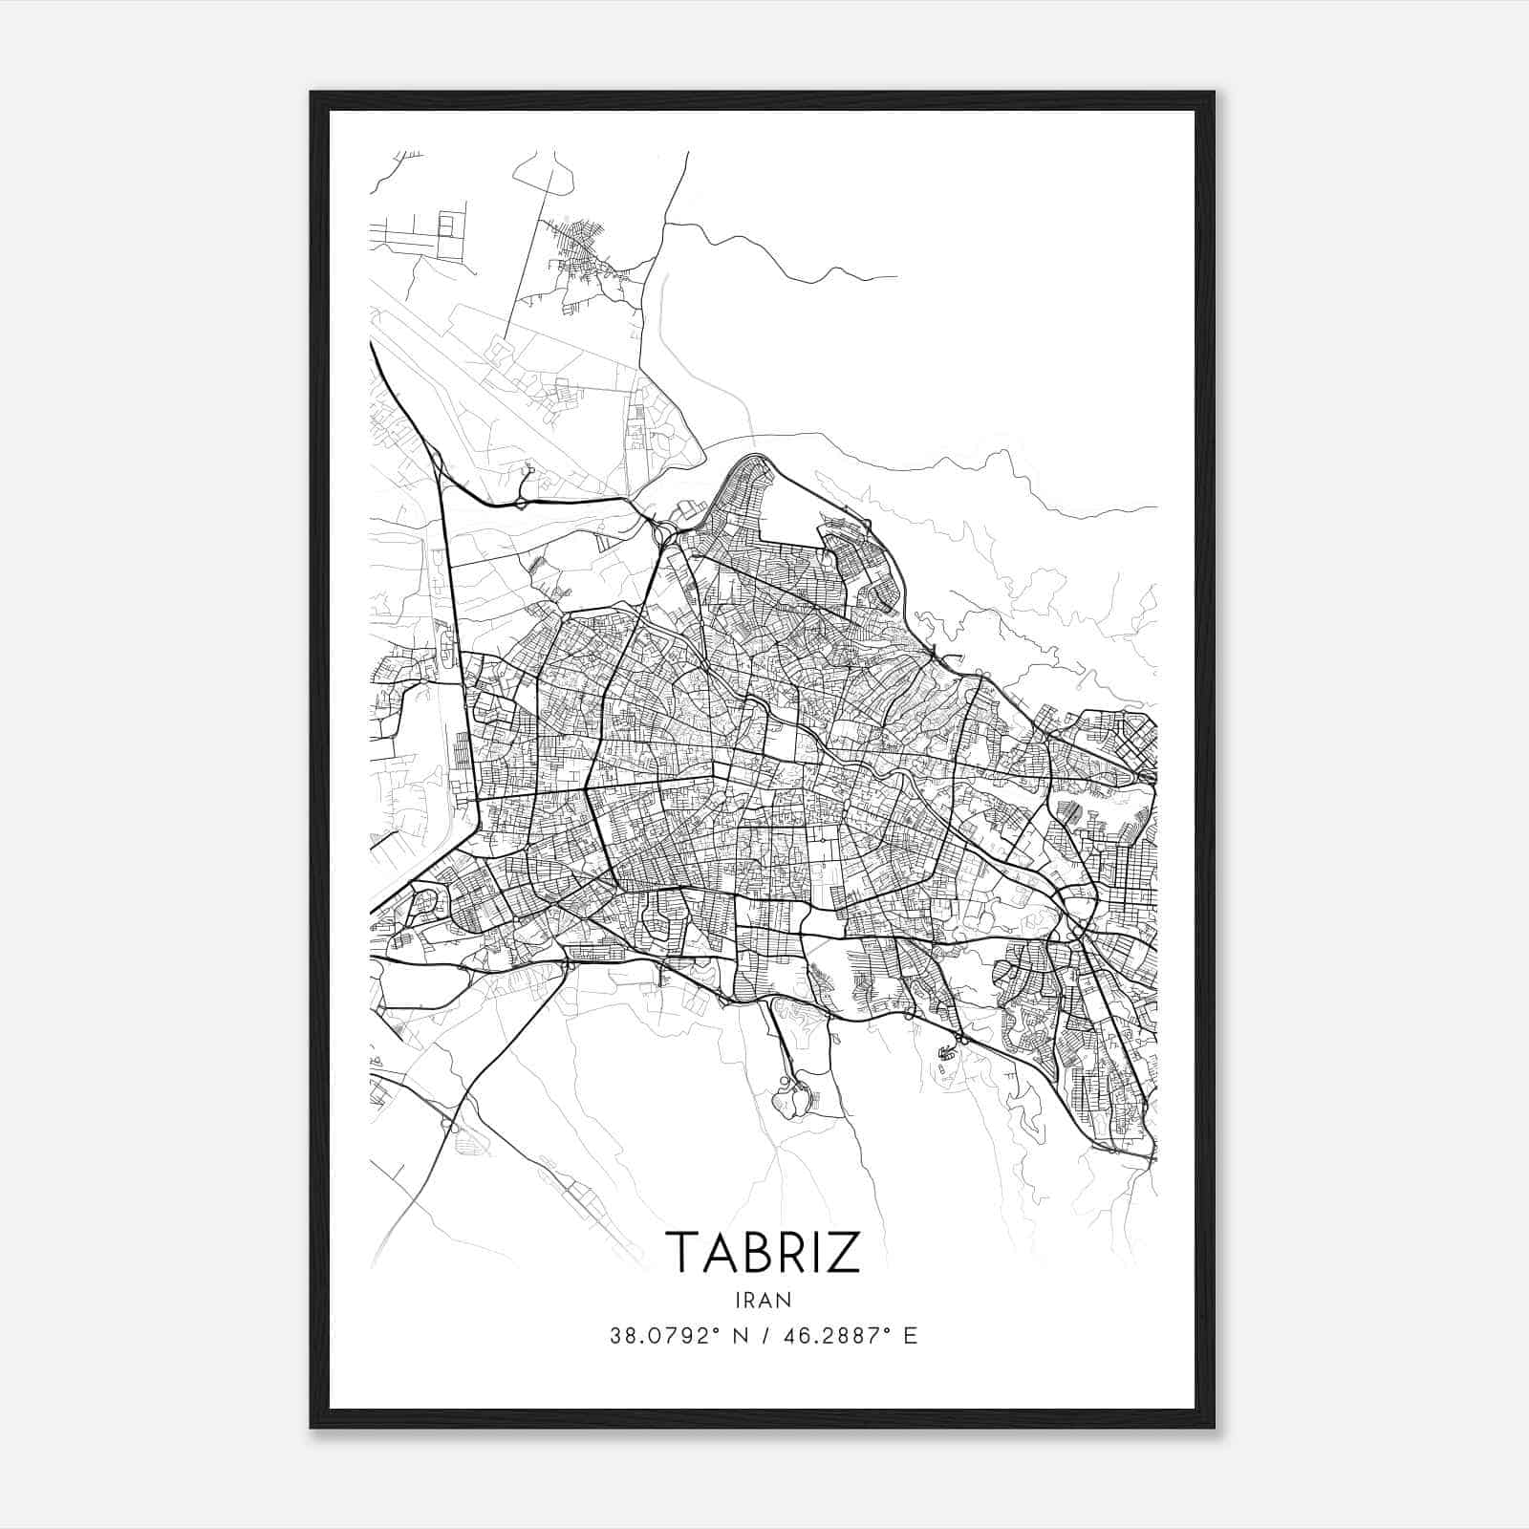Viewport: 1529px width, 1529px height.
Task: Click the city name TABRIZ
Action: click(762, 1251)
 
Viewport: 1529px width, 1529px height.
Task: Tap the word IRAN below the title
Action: click(763, 1300)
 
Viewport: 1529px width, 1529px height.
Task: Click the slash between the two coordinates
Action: click(764, 1336)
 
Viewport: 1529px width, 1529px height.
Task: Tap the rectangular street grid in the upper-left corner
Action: click(420, 229)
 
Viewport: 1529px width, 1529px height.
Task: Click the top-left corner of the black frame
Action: click(312, 94)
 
